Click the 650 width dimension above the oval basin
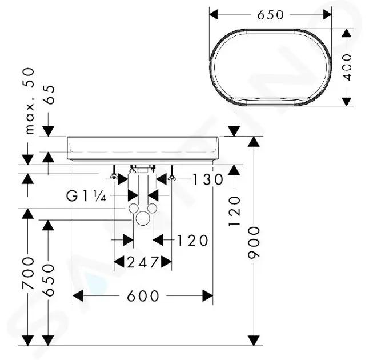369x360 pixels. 270,15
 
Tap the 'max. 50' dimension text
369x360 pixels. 30,101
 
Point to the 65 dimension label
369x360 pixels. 50,94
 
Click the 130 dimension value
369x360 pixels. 208,179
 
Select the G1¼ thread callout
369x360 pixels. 86,196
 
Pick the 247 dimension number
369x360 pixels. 142,262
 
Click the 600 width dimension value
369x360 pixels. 143,296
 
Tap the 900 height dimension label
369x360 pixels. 254,242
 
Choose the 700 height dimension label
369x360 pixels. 28,273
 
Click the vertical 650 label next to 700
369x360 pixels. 49,280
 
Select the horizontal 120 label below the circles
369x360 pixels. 192,241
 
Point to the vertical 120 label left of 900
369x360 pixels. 234,211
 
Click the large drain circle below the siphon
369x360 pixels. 143,218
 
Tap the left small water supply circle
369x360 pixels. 134,208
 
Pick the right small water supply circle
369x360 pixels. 152,208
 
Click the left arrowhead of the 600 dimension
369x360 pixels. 78,296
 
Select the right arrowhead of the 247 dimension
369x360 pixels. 166,262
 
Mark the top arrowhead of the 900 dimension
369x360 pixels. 254,142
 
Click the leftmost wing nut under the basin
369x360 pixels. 114,176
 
